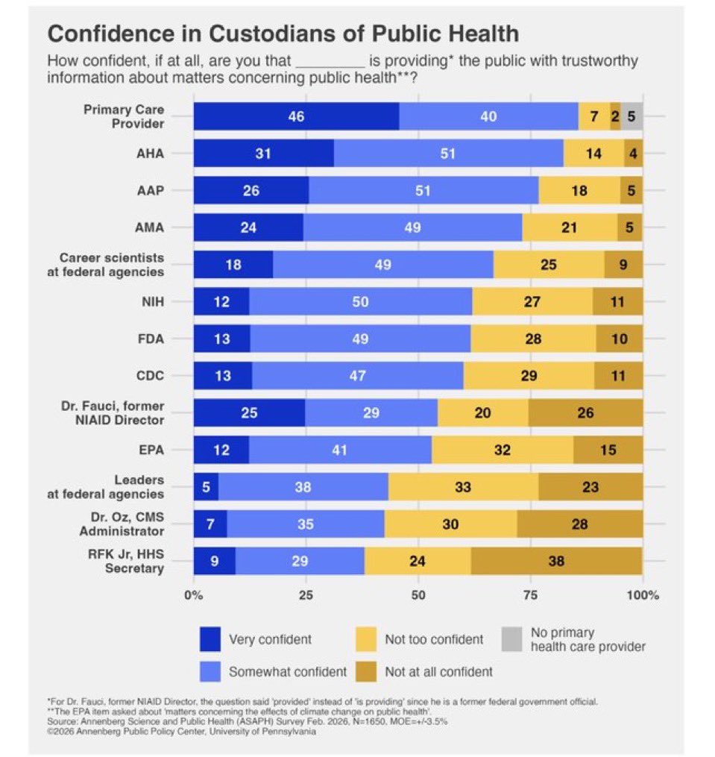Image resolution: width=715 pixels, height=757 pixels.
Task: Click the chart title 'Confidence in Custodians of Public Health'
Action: pos(283,34)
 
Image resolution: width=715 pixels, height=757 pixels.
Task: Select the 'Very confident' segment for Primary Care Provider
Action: pos(296,116)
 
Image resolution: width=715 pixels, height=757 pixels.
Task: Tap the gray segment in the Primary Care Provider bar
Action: pos(631,116)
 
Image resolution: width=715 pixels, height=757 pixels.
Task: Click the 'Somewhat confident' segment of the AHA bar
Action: pos(448,153)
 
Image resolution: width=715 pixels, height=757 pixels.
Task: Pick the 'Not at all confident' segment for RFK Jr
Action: pos(556,561)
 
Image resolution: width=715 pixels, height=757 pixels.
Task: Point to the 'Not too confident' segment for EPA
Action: pos(503,450)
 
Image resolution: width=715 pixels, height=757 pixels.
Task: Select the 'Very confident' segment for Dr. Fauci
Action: pos(249,412)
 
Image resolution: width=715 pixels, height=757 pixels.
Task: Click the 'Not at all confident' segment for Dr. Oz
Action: pos(579,524)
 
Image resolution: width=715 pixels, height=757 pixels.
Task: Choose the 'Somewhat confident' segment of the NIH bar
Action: pos(360,301)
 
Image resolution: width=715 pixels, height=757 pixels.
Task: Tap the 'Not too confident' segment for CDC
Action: pos(529,375)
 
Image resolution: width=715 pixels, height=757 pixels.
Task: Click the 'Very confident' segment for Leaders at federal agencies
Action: pos(206,487)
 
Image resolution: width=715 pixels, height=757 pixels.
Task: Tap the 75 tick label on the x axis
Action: pos(530,595)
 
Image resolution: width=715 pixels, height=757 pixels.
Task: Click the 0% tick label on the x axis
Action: pos(193,595)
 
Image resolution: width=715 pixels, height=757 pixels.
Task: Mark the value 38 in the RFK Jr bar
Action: pos(556,561)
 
